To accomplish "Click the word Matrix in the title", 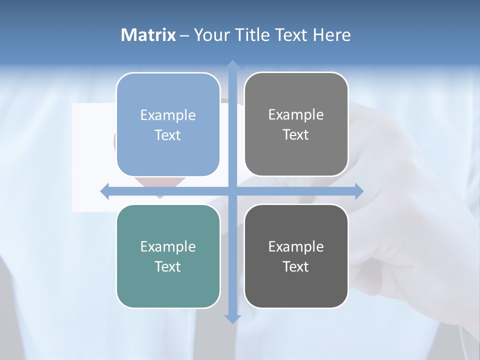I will coord(148,35).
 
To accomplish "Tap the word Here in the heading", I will coord(331,35).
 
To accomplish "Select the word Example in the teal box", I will coord(168,246).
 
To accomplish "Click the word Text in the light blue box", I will coord(168,135).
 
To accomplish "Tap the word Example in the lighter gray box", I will coord(296,114).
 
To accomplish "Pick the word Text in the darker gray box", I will coord(296,266).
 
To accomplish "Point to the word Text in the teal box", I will coord(168,266).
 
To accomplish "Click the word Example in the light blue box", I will coord(168,115).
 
